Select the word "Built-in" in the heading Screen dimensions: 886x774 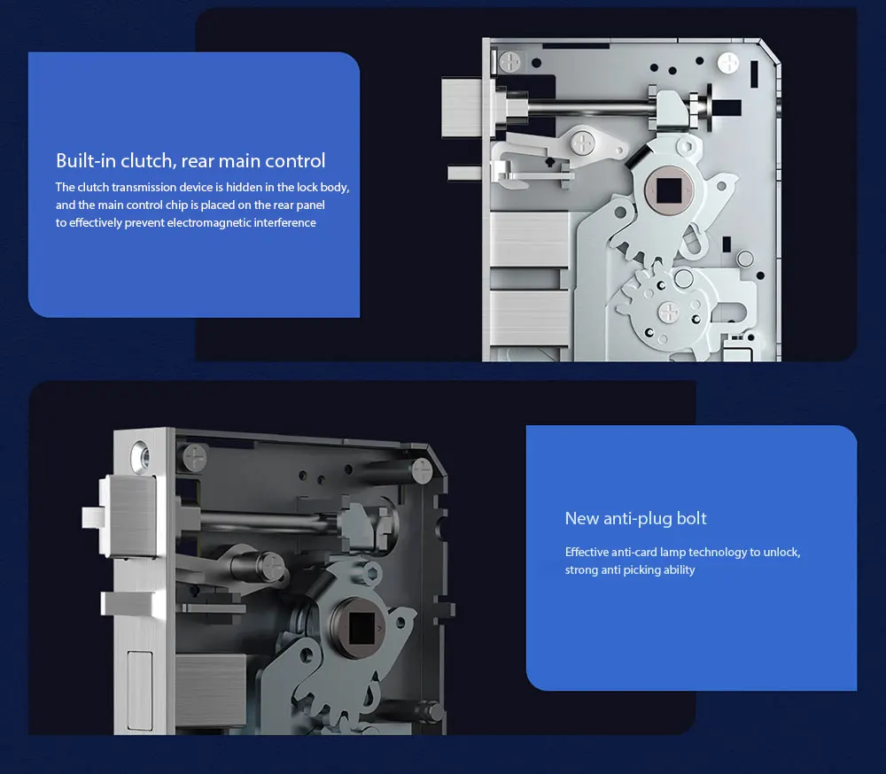click(86, 160)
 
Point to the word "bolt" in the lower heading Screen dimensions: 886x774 click(691, 518)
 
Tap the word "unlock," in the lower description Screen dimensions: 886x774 click(781, 552)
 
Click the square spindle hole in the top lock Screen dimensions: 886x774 click(669, 190)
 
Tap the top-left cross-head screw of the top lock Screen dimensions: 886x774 click(510, 62)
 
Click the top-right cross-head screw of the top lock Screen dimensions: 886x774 click(727, 63)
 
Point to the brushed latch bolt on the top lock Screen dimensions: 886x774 click(462, 108)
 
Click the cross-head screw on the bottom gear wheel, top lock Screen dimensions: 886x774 click(669, 313)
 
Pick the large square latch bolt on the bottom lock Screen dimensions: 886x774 click(128, 515)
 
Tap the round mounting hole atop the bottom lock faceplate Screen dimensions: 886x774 click(140, 456)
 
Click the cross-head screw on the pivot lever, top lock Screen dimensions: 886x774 click(583, 143)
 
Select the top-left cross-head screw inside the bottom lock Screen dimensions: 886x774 click(194, 457)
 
